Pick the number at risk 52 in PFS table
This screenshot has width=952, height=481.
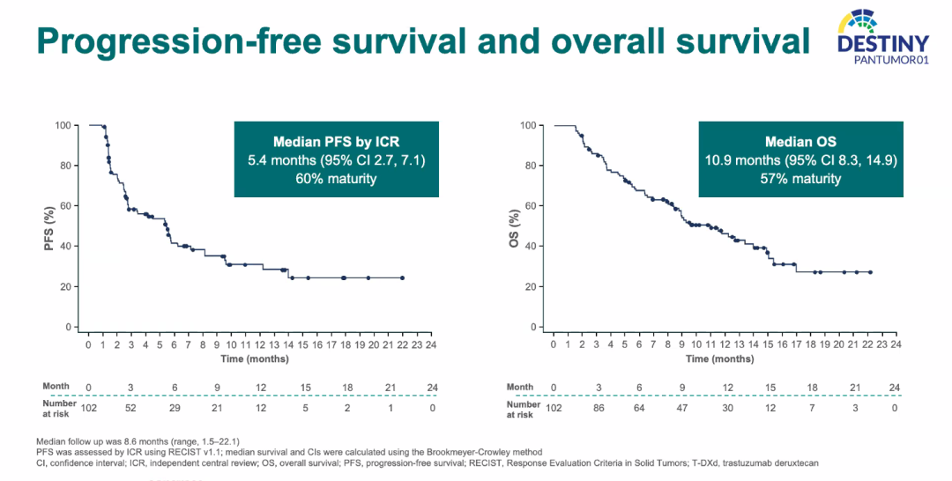click(130, 409)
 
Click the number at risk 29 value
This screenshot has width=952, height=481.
click(174, 409)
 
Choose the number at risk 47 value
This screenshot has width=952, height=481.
click(681, 409)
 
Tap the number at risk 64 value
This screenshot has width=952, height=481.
click(639, 409)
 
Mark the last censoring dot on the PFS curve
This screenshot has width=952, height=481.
click(402, 277)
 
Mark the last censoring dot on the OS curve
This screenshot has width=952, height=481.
click(870, 272)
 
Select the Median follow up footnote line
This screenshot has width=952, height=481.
click(138, 440)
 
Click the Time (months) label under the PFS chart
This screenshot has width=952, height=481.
click(244, 359)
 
